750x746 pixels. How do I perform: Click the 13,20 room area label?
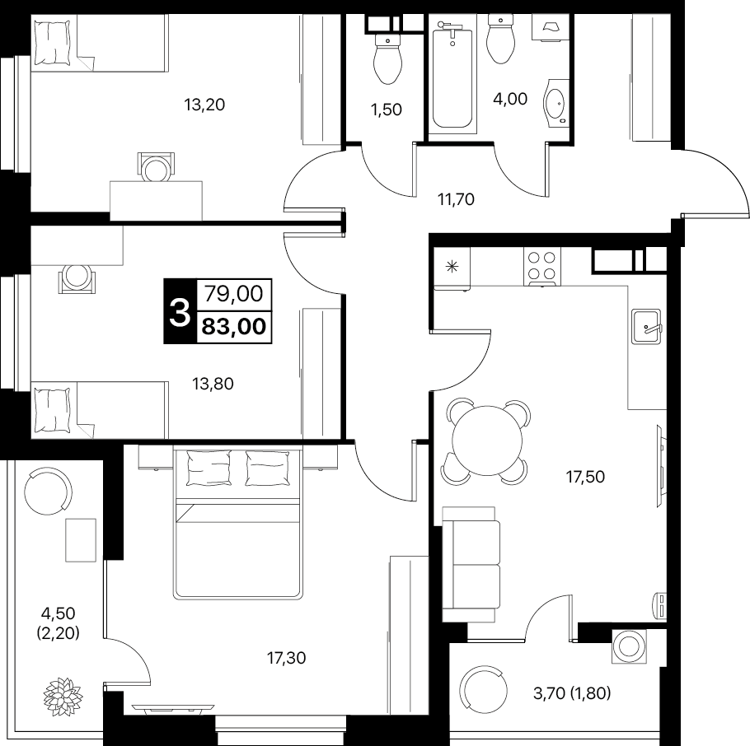tap(204, 105)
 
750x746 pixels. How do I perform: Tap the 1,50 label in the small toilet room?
tap(386, 110)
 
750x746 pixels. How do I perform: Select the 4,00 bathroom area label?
tap(510, 99)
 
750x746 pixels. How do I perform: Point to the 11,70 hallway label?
tap(456, 198)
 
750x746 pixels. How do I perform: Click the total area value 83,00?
tap(234, 327)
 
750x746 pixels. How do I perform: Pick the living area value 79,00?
tap(234, 293)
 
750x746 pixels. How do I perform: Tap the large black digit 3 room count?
tap(180, 311)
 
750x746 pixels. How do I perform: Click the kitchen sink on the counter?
tap(645, 326)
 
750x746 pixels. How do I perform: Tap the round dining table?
tap(487, 441)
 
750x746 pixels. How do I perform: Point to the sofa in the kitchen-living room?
tap(471, 564)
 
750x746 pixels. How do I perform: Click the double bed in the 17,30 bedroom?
tap(238, 522)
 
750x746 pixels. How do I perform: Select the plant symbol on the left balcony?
tap(63, 693)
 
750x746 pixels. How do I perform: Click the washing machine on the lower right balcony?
tap(630, 646)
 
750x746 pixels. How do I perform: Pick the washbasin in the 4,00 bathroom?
tap(555, 103)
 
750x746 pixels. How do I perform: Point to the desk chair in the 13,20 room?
tap(156, 167)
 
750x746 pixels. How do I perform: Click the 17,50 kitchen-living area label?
tap(585, 477)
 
